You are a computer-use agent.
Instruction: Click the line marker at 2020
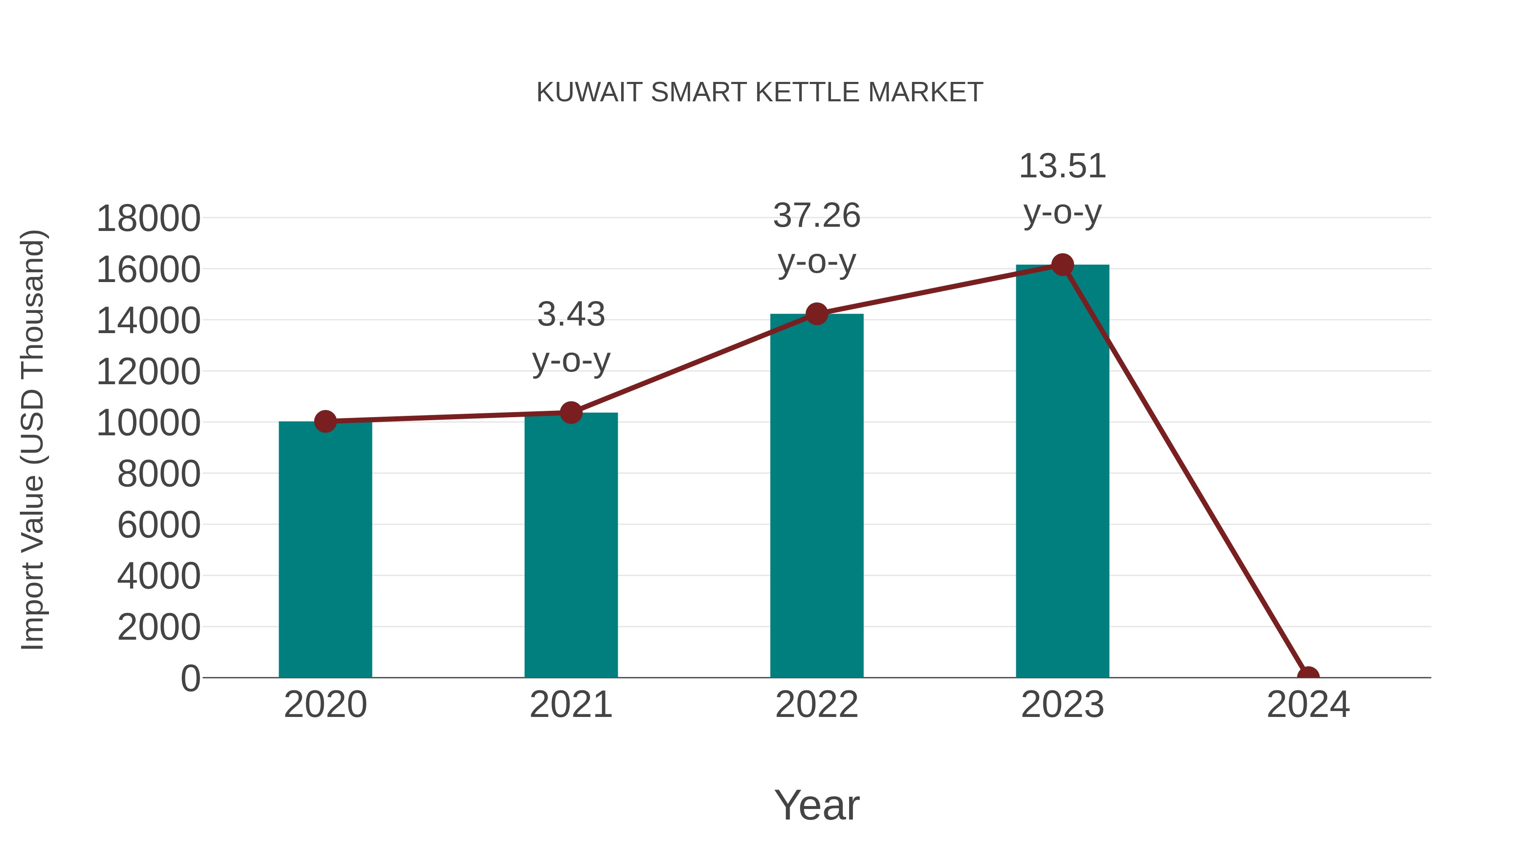[325, 421]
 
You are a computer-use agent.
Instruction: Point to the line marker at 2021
[570, 413]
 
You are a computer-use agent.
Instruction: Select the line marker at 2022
[817, 314]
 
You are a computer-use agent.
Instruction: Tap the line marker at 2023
[1062, 265]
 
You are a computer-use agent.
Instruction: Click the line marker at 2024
[1308, 676]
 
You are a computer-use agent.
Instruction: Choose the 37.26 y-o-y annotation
[817, 239]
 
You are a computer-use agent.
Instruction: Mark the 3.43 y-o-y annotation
[570, 337]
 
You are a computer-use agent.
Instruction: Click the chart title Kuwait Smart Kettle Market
[760, 92]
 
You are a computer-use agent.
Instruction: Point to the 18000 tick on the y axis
[148, 218]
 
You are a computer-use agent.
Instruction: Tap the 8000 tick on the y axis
[159, 474]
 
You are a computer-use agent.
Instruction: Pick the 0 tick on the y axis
[190, 678]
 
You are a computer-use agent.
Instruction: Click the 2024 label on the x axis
[1308, 705]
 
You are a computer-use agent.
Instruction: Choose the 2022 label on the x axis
[817, 705]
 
